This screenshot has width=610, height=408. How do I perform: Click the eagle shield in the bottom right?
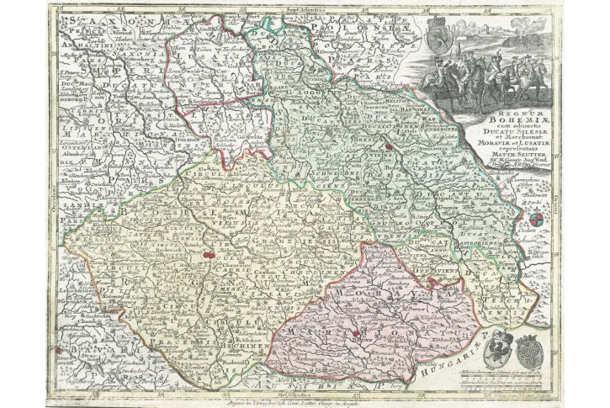[x=497, y=345]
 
